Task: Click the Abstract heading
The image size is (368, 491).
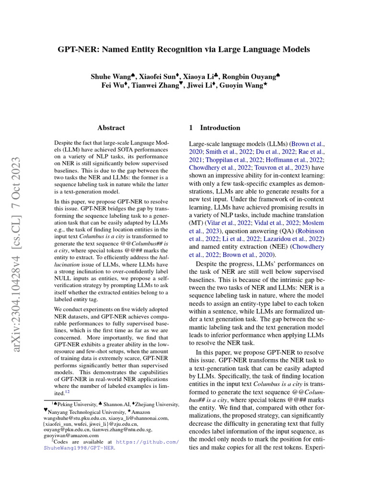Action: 111,128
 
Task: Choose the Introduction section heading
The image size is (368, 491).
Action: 220,128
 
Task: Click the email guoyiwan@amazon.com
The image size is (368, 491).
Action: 71,435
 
